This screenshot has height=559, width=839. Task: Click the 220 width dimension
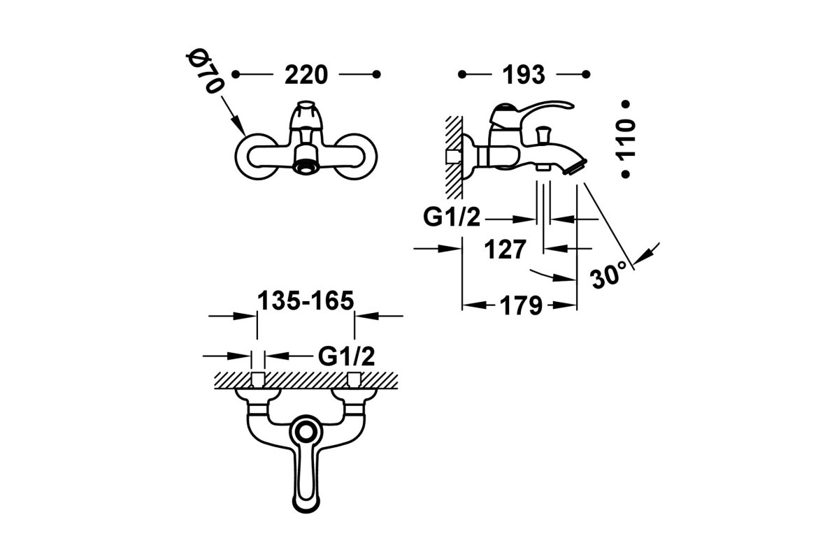(x=306, y=75)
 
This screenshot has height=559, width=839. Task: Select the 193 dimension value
(x=523, y=75)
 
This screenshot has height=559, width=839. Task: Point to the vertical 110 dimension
(x=626, y=138)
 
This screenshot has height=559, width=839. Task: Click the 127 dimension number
(x=505, y=249)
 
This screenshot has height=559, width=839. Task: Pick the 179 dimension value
(x=521, y=305)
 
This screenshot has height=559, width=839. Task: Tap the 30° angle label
(x=608, y=275)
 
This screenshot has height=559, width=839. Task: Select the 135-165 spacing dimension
(x=306, y=300)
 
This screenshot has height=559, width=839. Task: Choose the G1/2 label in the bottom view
(x=347, y=356)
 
